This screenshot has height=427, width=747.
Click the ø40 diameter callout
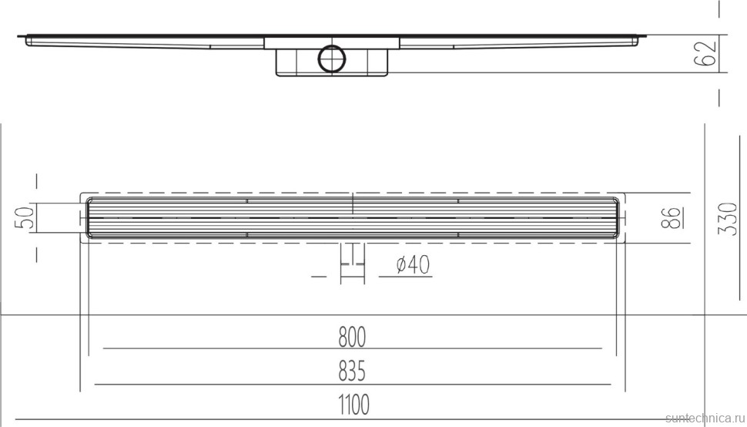pos(413,265)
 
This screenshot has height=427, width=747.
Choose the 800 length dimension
pos(352,337)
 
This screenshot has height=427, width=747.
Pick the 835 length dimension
pos(352,372)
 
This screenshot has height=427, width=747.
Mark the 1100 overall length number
pos(352,404)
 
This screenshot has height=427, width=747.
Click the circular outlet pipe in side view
pos(333,58)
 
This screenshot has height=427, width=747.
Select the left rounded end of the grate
pos(89,218)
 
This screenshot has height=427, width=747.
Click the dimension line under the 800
pos(352,348)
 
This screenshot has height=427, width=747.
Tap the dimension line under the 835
pos(352,384)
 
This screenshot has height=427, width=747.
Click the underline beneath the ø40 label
pos(408,276)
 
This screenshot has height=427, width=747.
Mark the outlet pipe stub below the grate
pos(352,258)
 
